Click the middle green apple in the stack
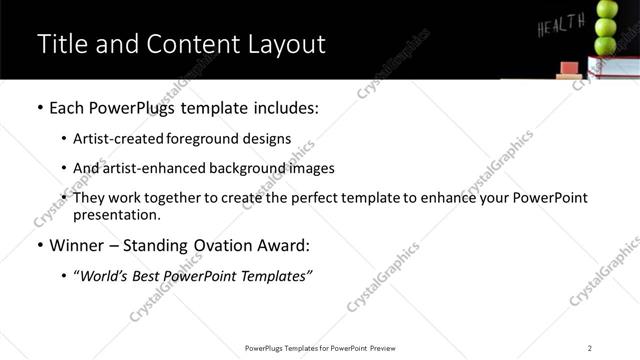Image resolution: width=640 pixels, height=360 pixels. pyautogui.click(x=606, y=27)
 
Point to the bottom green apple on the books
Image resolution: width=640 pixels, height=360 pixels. pyautogui.click(x=606, y=45)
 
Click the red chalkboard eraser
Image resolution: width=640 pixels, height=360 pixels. pyautogui.click(x=567, y=69)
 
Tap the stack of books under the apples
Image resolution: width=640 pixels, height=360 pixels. pyautogui.click(x=613, y=67)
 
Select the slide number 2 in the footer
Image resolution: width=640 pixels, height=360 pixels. pyautogui.click(x=589, y=348)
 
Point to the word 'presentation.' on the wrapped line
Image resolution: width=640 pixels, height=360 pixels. pyautogui.click(x=116, y=214)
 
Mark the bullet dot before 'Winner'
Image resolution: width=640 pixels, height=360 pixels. pyautogui.click(x=39, y=245)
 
